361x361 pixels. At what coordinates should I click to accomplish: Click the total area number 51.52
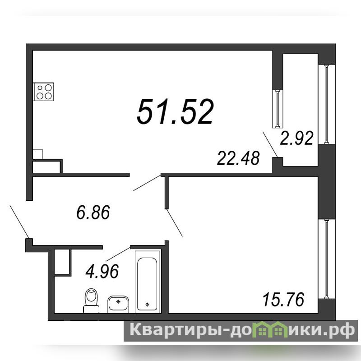tap(176, 112)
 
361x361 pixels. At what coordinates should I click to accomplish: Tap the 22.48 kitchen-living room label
tap(238, 158)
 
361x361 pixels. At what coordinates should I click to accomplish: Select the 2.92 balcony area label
tap(296, 138)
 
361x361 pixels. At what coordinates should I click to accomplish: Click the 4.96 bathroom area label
tap(102, 271)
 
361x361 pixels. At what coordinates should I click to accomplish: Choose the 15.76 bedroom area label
tap(283, 299)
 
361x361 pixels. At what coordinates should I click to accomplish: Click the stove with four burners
tap(43, 92)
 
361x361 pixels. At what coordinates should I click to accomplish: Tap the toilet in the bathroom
tap(91, 301)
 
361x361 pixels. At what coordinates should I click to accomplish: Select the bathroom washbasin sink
tap(118, 304)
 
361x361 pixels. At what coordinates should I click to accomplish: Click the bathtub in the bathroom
tap(148, 281)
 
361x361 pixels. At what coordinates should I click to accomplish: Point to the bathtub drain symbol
tap(148, 305)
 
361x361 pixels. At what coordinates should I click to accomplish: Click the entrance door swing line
tap(19, 222)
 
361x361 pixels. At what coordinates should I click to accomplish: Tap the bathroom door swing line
tap(118, 254)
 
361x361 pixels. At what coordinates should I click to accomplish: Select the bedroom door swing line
tap(174, 222)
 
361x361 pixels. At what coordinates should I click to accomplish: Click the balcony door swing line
tap(270, 144)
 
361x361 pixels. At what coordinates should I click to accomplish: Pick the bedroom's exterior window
tap(326, 259)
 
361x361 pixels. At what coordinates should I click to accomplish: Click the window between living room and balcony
tap(278, 109)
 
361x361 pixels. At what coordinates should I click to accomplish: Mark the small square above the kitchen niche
tap(38, 154)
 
